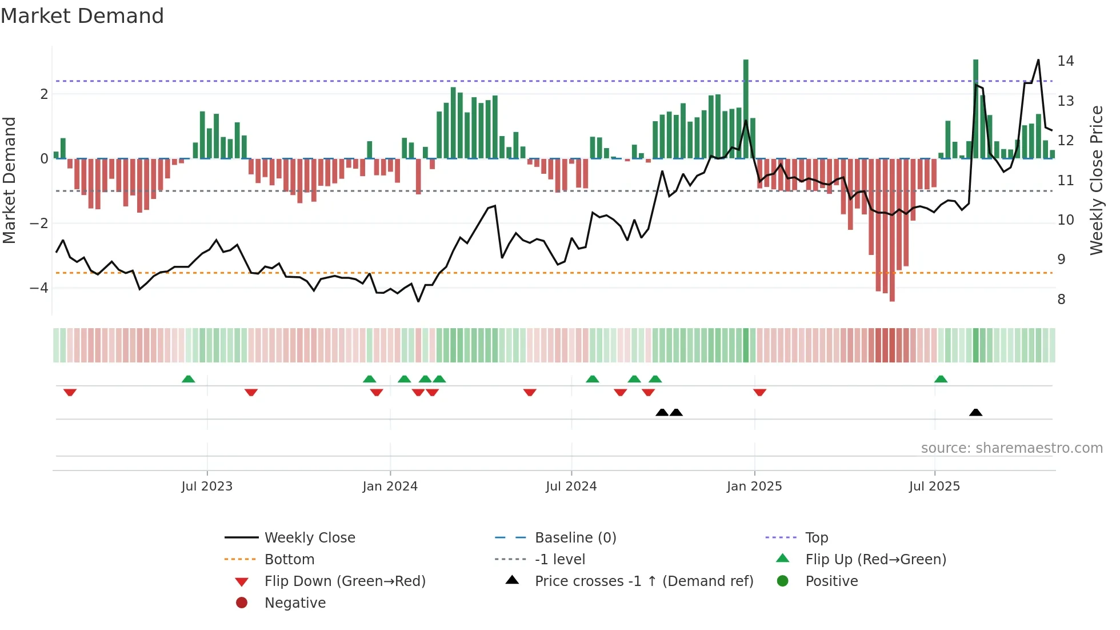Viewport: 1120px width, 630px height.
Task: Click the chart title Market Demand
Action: point(82,16)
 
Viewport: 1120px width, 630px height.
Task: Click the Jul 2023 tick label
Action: point(207,487)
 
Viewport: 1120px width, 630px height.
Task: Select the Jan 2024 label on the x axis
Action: point(390,487)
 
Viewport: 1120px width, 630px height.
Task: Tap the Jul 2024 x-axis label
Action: point(571,487)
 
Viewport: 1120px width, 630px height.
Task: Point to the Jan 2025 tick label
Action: point(754,487)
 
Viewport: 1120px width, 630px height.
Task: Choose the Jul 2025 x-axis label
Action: point(934,487)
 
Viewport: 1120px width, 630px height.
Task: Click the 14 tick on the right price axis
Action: point(1065,61)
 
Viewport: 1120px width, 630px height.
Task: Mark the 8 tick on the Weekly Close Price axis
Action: point(1061,300)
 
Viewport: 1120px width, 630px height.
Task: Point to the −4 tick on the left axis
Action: point(39,288)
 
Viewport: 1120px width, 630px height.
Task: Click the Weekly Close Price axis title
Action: point(1096,180)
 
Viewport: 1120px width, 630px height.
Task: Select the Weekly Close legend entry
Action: point(309,538)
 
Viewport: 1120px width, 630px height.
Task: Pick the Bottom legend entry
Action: point(289,560)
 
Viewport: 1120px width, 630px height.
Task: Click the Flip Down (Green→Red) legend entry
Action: point(345,581)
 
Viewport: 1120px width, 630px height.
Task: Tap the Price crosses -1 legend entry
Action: point(643,581)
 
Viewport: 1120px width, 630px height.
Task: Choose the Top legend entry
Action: point(817,538)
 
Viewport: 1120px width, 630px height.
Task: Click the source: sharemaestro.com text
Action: point(1011,448)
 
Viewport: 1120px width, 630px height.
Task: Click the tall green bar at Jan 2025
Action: point(746,109)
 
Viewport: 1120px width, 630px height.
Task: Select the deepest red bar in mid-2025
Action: point(892,229)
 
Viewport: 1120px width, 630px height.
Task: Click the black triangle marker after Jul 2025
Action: point(975,412)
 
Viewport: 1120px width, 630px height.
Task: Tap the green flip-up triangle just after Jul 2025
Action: point(941,379)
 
